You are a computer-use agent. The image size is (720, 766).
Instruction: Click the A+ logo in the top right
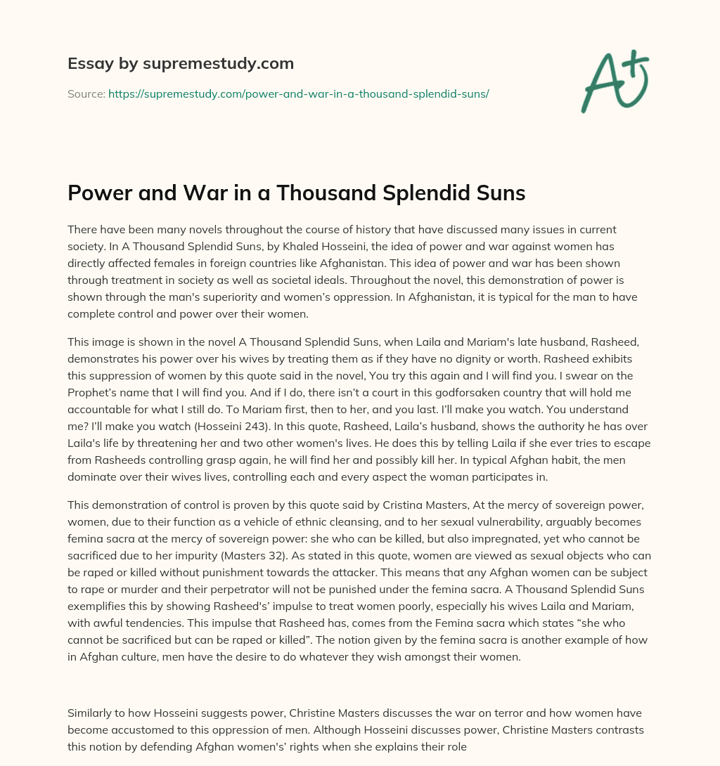coord(614,82)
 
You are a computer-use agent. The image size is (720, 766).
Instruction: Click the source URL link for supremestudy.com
coord(298,93)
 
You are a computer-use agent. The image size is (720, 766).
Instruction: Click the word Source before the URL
coord(86,93)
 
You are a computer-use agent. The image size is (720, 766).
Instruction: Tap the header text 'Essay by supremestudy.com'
coord(180,63)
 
